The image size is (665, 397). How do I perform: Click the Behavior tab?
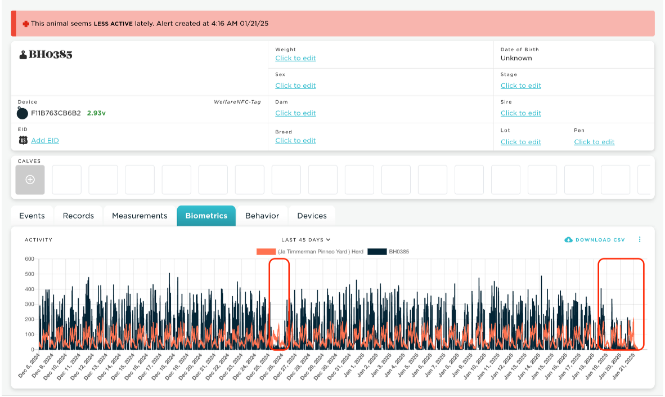(262, 216)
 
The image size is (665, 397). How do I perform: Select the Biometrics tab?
(206, 216)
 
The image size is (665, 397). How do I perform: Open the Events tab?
(32, 216)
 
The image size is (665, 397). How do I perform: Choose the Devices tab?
(312, 216)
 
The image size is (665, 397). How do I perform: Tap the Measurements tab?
(140, 216)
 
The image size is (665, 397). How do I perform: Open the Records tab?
(78, 216)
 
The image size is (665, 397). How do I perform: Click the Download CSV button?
(595, 240)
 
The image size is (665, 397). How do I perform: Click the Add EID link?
(45, 141)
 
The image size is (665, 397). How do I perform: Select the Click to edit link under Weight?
(295, 58)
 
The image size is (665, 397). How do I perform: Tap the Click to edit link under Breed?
(295, 141)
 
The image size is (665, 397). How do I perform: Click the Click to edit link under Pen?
(594, 142)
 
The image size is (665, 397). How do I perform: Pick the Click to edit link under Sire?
(521, 113)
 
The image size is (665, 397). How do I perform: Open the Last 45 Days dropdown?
(306, 240)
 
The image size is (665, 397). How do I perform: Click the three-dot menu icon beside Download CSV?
(640, 239)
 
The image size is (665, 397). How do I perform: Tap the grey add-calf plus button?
(30, 180)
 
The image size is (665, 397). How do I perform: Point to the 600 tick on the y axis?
(29, 259)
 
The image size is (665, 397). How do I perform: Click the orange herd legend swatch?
(266, 252)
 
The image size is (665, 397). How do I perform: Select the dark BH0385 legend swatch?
(377, 252)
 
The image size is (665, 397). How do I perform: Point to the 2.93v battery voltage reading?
(96, 113)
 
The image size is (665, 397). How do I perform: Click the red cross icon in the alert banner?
(26, 24)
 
